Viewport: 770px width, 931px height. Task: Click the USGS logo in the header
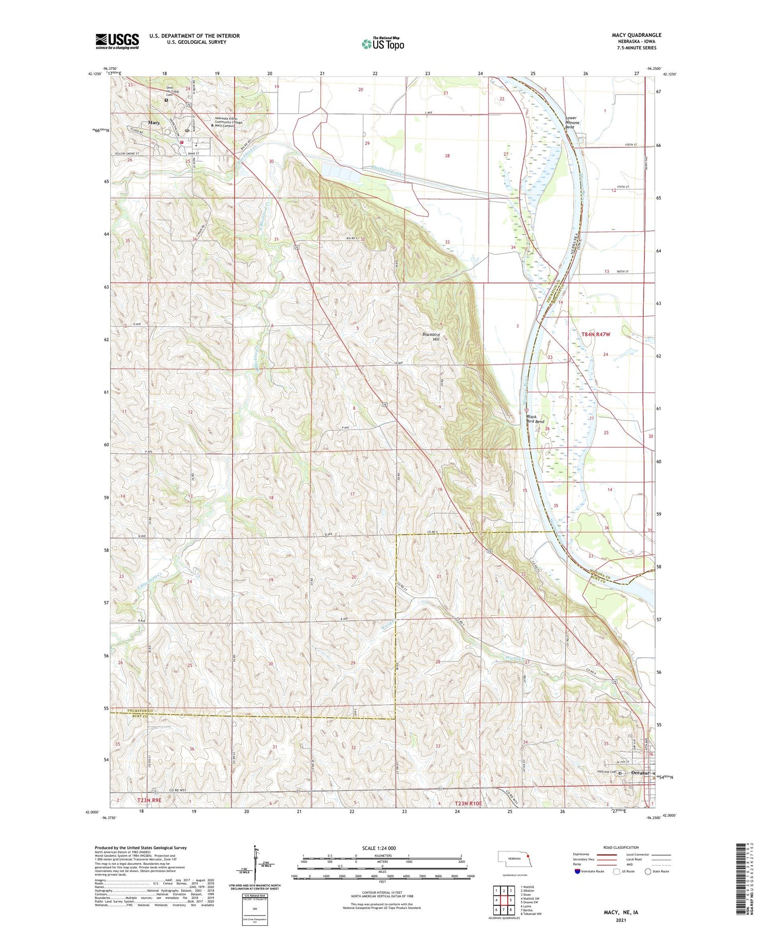pyautogui.click(x=117, y=41)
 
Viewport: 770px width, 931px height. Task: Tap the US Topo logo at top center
pyautogui.click(x=383, y=44)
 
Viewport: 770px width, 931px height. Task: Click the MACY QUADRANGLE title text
pyautogui.click(x=636, y=35)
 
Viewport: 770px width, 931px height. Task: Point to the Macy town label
pyautogui.click(x=153, y=123)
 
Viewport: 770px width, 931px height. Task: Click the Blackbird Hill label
pyautogui.click(x=431, y=337)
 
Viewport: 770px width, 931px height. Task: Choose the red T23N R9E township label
pyautogui.click(x=149, y=801)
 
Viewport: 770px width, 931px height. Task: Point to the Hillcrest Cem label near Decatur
pyautogui.click(x=606, y=772)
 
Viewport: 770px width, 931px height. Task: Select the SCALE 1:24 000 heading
pyautogui.click(x=379, y=848)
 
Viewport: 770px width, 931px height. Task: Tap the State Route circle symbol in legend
pyautogui.click(x=648, y=871)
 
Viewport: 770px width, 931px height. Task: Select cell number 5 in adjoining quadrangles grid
pyautogui.click(x=511, y=900)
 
